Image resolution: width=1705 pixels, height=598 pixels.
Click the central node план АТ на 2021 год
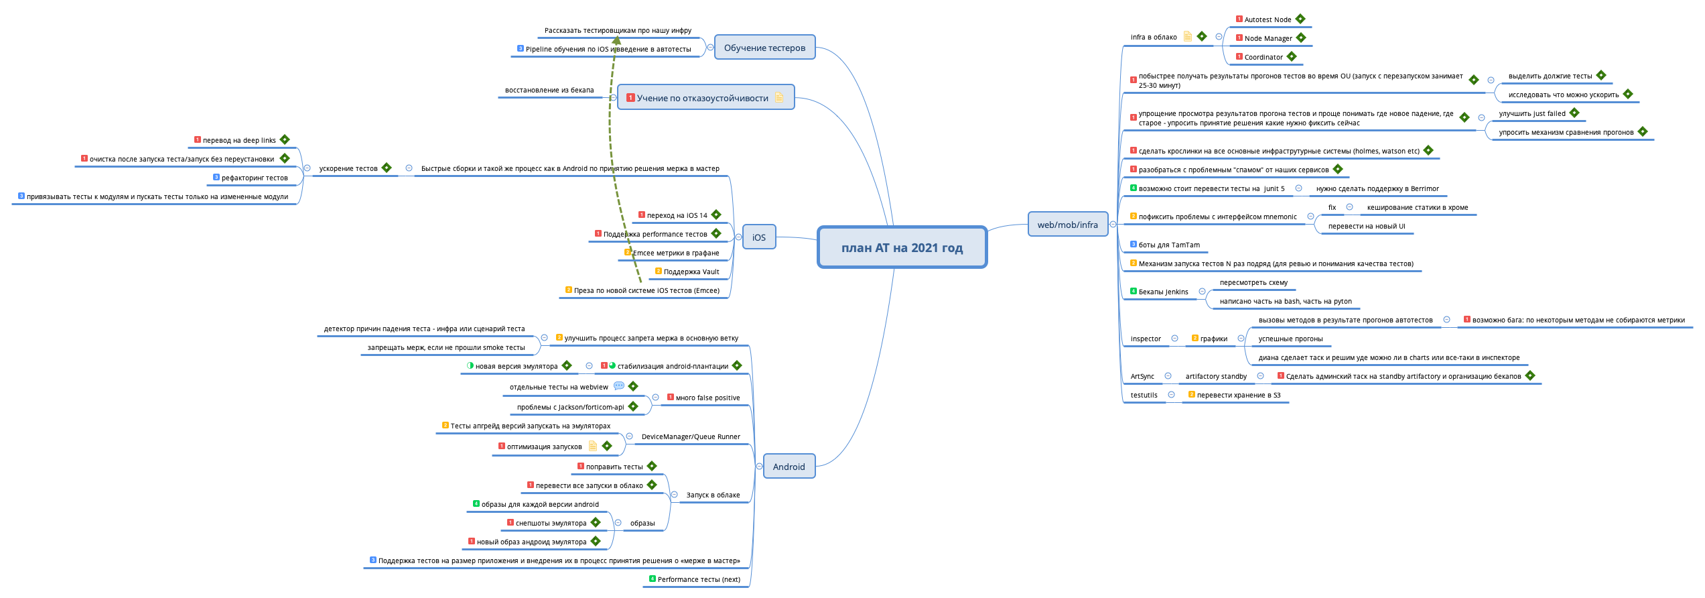pos(902,247)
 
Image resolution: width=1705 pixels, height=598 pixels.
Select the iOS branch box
pos(758,237)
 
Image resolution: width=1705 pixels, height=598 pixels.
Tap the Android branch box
pos(789,467)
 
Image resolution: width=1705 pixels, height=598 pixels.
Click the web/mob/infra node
pos(1067,225)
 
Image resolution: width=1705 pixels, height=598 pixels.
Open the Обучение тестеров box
pos(764,48)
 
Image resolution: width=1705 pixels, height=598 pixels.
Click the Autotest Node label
pos(1268,19)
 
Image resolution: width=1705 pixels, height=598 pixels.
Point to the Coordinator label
pos(1264,57)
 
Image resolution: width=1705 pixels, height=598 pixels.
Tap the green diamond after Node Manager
pos(1301,38)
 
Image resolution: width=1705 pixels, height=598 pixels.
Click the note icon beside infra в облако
pos(1188,36)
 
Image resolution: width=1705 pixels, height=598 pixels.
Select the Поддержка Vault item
pos(691,272)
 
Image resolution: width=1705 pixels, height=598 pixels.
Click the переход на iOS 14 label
pos(677,215)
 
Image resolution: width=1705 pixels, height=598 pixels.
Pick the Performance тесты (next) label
pos(698,579)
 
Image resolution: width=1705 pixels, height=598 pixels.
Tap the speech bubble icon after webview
pos(619,386)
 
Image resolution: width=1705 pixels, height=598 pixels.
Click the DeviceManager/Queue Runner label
pos(691,436)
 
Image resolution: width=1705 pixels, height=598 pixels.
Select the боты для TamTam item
pos(1168,245)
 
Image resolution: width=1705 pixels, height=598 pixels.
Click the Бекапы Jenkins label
pos(1163,292)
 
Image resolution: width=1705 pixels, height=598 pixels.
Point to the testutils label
pos(1144,395)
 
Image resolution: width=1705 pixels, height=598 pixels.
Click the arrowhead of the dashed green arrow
pos(616,41)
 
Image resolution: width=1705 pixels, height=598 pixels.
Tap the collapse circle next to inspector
pos(1174,339)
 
